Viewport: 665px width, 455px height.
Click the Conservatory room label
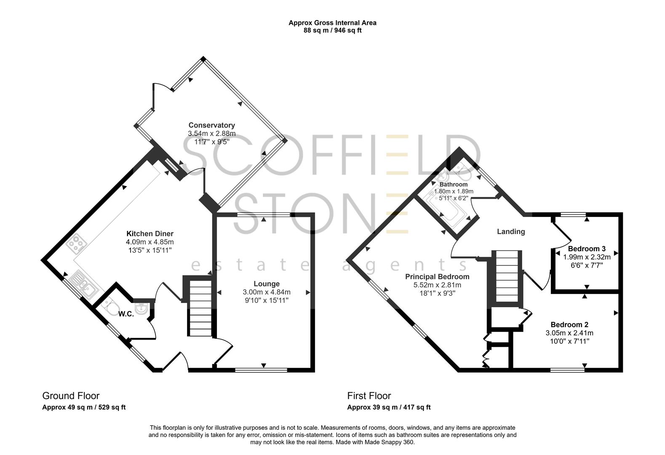(211, 125)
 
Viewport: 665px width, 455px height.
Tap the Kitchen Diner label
(150, 234)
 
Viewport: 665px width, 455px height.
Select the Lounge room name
(267, 284)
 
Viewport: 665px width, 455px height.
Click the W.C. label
(126, 314)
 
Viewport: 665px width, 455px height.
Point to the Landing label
(511, 231)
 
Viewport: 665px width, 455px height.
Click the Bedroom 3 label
(587, 248)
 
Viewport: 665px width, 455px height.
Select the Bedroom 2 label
(569, 325)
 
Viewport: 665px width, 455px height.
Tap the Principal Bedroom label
(437, 277)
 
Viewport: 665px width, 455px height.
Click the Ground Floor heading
(71, 396)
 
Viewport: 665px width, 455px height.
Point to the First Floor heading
(369, 396)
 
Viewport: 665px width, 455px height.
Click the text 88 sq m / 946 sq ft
(332, 30)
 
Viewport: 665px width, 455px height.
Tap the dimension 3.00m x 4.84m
(267, 292)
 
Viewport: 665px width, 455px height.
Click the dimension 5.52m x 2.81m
(437, 285)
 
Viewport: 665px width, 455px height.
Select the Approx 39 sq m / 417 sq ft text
(389, 407)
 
